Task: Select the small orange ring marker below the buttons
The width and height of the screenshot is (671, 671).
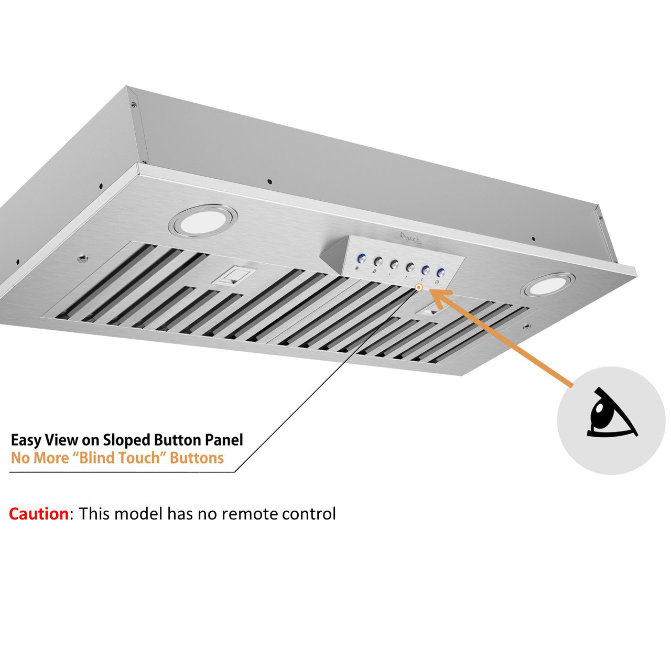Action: click(418, 287)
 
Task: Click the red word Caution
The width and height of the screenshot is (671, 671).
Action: click(38, 514)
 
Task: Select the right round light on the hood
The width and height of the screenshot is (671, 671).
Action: click(547, 285)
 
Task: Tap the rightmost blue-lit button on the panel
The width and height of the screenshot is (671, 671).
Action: click(441, 273)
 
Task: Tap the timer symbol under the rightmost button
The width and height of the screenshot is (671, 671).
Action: click(437, 283)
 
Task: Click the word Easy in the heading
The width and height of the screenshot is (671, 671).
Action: click(26, 440)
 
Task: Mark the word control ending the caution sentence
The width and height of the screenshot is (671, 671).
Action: click(309, 514)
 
